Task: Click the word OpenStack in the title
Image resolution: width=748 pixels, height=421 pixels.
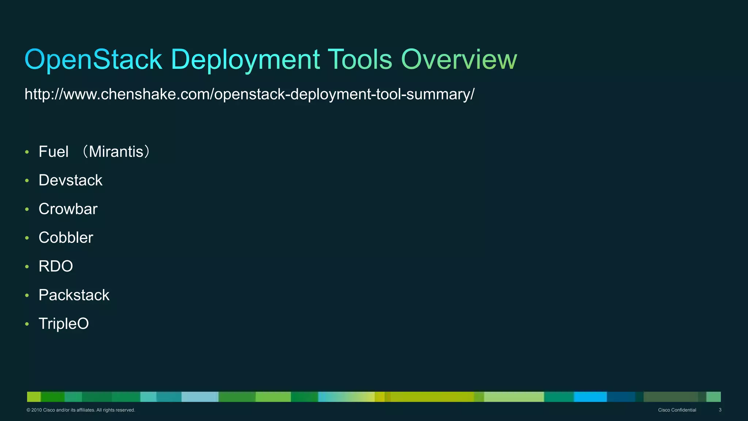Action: (93, 60)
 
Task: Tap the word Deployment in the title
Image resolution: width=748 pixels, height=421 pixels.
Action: (245, 60)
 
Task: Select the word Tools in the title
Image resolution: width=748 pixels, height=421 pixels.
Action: (360, 60)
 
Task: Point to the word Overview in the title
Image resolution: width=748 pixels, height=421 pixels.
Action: (459, 60)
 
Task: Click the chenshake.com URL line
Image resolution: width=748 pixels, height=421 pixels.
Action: (249, 94)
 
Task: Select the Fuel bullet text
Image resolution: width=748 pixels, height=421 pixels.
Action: (54, 152)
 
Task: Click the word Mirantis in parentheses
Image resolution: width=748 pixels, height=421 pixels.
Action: (116, 152)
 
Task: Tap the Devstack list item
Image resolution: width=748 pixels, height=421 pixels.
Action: (70, 180)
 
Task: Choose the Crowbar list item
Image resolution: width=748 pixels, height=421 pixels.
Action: (68, 209)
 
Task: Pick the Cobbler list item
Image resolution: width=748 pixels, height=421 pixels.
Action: (66, 238)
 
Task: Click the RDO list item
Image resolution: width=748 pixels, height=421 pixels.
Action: (56, 266)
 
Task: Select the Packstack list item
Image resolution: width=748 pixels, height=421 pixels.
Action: (74, 295)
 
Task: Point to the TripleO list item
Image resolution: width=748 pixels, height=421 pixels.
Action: (64, 324)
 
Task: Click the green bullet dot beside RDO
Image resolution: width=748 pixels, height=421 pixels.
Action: (27, 267)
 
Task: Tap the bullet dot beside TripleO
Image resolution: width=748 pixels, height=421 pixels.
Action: (27, 324)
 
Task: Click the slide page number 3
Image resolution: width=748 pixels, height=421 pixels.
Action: (720, 410)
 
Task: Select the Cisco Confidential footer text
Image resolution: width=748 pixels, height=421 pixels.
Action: (677, 410)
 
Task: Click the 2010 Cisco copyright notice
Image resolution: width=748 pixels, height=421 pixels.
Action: (81, 410)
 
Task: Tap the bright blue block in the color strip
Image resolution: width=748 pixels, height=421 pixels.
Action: (590, 397)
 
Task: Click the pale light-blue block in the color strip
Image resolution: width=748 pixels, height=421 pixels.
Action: (199, 397)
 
